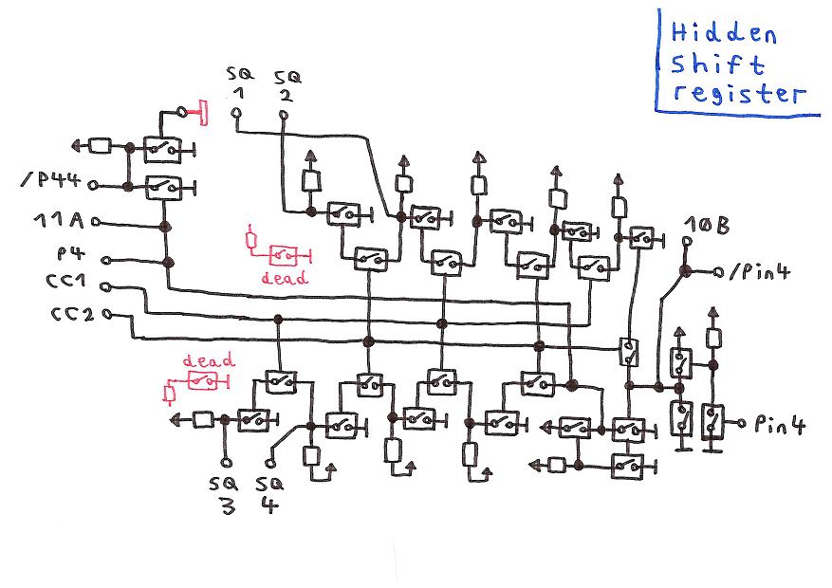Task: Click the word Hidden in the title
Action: coord(724,33)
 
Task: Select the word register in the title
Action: coord(736,94)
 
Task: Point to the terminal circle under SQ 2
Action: coord(283,116)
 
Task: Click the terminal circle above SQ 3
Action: coord(226,463)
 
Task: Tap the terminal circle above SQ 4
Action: coord(270,463)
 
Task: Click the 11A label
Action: coord(59,222)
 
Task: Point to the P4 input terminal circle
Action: coord(105,260)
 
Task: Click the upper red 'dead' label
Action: coord(285,278)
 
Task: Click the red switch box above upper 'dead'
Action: coord(284,254)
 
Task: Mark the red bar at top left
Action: coord(202,114)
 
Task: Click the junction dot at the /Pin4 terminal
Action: coord(685,272)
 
